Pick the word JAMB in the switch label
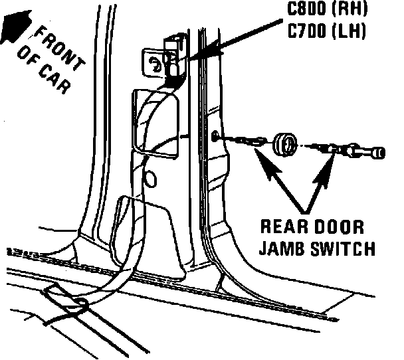282,249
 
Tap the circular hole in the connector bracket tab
154,64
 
